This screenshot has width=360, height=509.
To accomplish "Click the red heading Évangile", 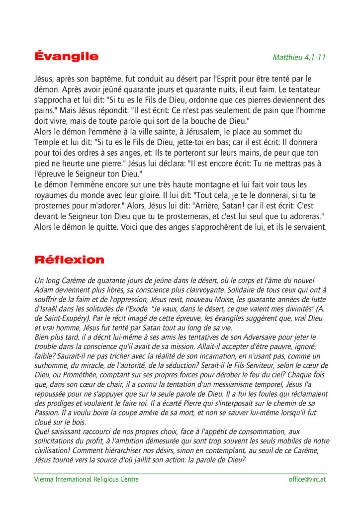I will pyautogui.click(x=67, y=56).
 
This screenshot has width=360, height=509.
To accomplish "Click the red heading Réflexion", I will pyautogui.click(x=69, y=260).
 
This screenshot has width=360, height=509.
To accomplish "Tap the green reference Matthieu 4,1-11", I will pyautogui.click(x=299, y=57).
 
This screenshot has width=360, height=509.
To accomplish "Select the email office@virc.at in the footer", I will pyautogui.click(x=307, y=479).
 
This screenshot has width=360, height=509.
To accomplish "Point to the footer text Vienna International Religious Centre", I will pyautogui.click(x=87, y=479).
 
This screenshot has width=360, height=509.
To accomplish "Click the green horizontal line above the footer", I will pyautogui.click(x=180, y=474).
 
